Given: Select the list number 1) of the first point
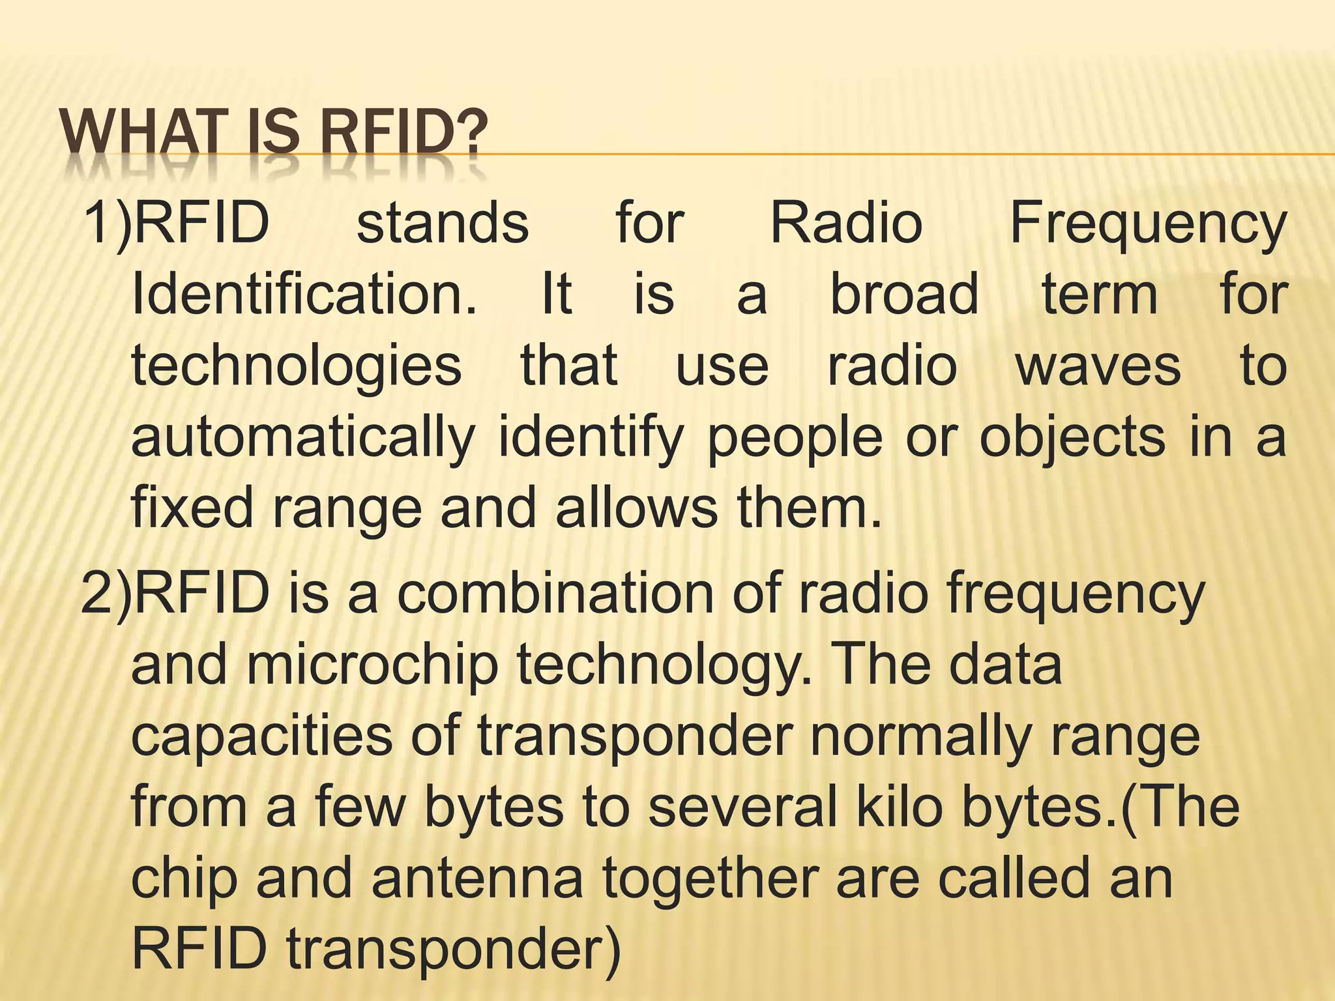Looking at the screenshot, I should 106,223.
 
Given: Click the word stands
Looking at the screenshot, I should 443,223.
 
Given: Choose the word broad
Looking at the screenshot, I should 904,294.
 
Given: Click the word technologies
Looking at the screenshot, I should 297,367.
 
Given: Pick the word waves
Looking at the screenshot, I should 1098,367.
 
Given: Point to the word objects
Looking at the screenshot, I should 1072,439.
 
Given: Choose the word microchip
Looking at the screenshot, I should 372,666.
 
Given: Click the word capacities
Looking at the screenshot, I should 261,737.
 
